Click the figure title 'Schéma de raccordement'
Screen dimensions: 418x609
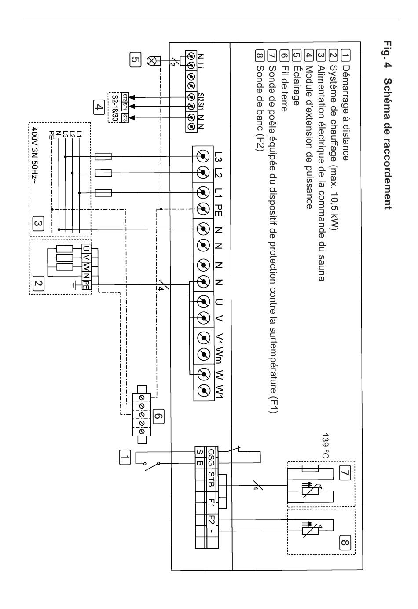388,144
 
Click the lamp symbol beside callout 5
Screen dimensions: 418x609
151,61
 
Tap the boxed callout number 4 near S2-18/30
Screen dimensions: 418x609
99,107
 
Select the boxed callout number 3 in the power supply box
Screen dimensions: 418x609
38,223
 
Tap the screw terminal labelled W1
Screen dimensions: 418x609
204,391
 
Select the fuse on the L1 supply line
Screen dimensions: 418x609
103,193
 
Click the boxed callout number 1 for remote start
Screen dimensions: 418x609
125,457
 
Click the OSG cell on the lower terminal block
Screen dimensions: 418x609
211,457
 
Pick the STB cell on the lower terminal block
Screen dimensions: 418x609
211,479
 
